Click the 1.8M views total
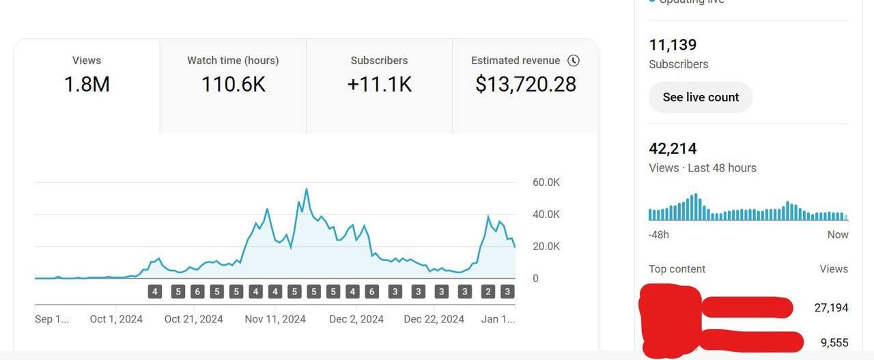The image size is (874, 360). click(x=87, y=84)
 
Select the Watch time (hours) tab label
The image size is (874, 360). click(x=233, y=60)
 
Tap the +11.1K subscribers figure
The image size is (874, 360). click(x=379, y=84)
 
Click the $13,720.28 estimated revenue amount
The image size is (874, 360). click(x=526, y=84)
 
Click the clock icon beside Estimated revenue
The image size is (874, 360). click(x=574, y=60)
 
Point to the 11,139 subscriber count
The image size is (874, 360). click(x=673, y=45)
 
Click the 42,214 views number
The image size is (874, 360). click(x=673, y=149)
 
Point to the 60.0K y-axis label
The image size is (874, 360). click(x=546, y=182)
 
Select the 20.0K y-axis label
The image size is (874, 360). click(x=546, y=247)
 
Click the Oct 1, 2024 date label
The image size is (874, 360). click(x=116, y=319)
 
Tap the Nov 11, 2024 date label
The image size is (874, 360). click(x=275, y=319)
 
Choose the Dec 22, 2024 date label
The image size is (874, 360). click(x=434, y=319)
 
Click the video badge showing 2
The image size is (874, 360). click(x=488, y=292)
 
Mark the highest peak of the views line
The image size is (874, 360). click(x=307, y=189)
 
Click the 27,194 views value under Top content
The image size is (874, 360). click(x=831, y=308)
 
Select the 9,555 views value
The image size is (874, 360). click(x=834, y=343)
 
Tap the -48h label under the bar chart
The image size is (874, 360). click(x=659, y=235)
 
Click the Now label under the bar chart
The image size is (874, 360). click(x=838, y=235)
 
